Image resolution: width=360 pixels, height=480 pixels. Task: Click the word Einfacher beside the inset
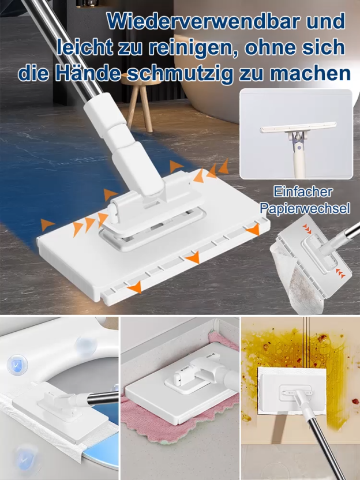tap(303, 192)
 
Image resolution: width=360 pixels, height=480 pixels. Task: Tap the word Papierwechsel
tap(305, 208)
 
